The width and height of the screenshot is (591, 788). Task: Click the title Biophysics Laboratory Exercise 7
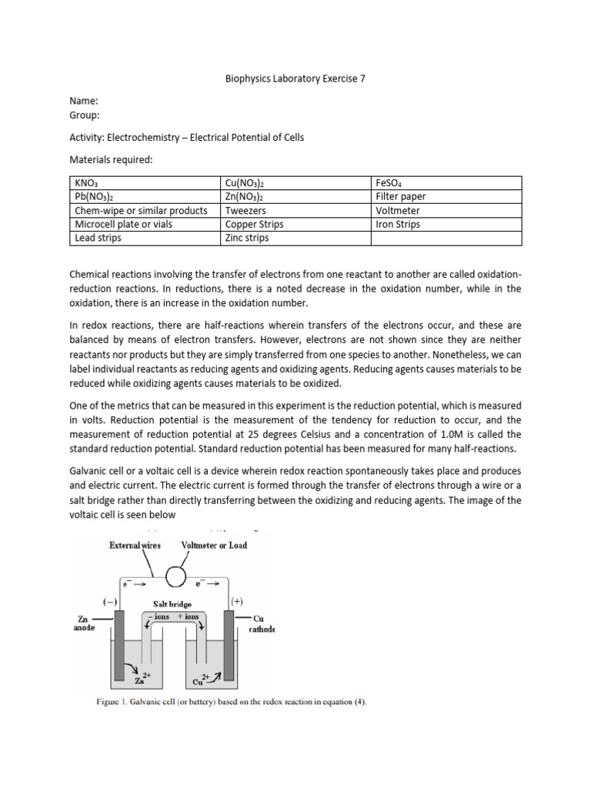(295, 78)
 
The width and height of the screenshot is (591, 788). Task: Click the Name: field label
(85, 101)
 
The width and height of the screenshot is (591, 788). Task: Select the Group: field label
(85, 115)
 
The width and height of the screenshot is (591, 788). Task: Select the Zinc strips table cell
(247, 238)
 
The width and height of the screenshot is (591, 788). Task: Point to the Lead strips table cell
(98, 238)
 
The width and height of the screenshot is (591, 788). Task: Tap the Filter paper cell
(400, 196)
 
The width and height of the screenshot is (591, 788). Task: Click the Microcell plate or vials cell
(123, 224)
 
